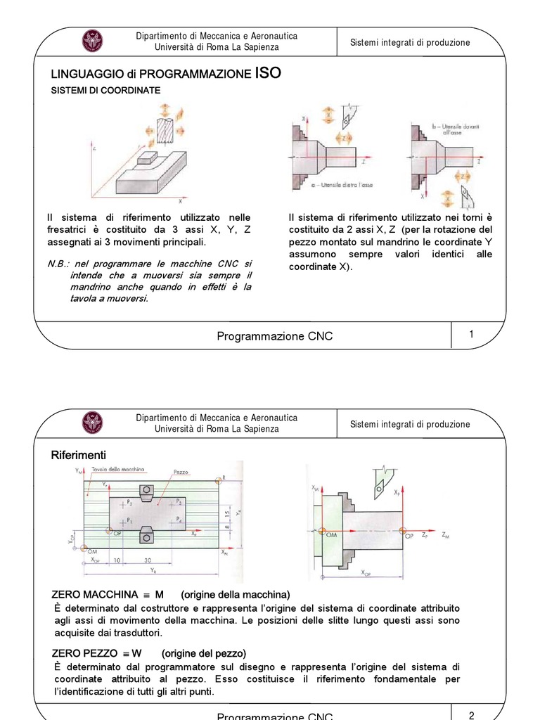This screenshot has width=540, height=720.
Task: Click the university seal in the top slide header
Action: pyautogui.click(x=92, y=41)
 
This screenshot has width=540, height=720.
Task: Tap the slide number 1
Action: pyautogui.click(x=471, y=335)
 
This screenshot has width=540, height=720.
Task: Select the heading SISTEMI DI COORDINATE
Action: pyautogui.click(x=105, y=91)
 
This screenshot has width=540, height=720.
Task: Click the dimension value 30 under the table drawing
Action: pyautogui.click(x=147, y=560)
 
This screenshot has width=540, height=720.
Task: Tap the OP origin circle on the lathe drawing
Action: pyautogui.click(x=402, y=532)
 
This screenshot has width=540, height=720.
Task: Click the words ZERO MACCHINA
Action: pyautogui.click(x=95, y=595)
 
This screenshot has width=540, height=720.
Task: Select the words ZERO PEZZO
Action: pyautogui.click(x=86, y=653)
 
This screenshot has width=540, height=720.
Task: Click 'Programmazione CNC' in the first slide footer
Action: pyautogui.click(x=275, y=336)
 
